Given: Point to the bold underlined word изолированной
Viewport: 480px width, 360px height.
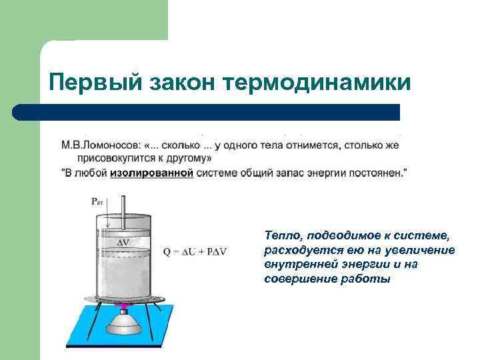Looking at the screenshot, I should point(152,172).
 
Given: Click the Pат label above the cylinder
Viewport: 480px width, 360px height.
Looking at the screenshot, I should point(97,201).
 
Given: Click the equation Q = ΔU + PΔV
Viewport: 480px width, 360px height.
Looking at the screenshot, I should point(195,251).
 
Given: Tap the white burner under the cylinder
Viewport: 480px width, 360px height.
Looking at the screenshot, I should point(124,327).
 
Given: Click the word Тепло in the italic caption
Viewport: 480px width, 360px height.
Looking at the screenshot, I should point(279,235).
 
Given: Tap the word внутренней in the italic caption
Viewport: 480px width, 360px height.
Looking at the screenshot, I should point(294,264).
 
